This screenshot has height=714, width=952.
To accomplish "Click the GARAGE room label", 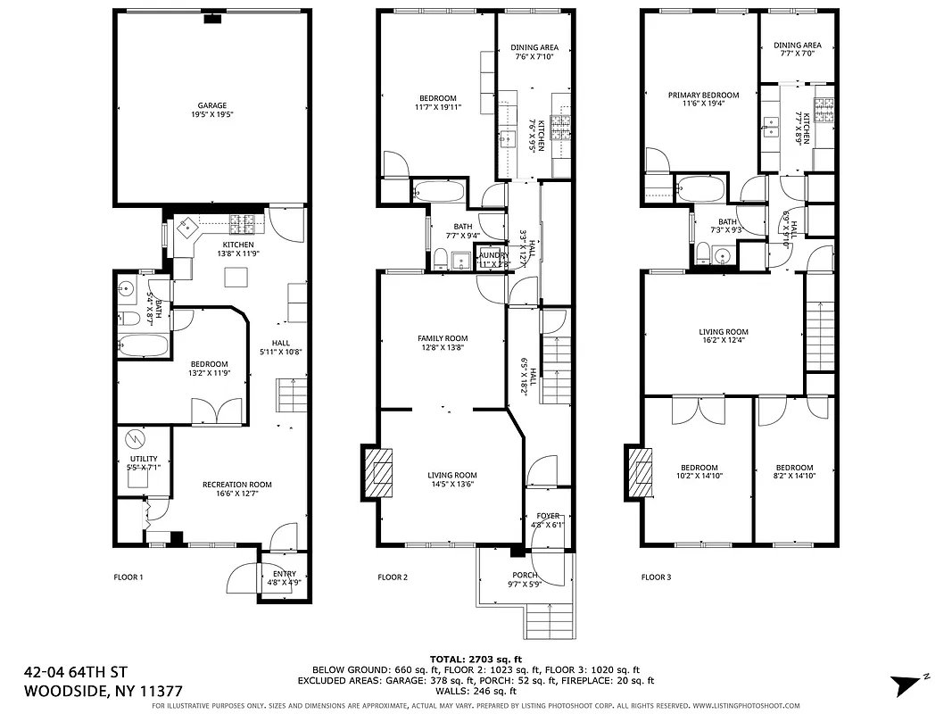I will (211, 105).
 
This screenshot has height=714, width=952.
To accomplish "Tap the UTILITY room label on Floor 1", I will (144, 459).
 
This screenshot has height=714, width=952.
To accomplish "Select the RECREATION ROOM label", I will (236, 485).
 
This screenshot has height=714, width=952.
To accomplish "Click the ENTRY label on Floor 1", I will (285, 574).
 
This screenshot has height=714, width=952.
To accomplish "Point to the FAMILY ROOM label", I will (443, 338).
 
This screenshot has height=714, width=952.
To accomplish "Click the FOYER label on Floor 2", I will (547, 516).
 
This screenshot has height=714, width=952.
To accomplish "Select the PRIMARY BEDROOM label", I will (703, 95).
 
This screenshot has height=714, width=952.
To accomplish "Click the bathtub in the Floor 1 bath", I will (143, 345).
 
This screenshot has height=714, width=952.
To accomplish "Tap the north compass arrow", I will (907, 685).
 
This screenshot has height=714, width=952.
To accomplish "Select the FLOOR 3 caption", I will (656, 577).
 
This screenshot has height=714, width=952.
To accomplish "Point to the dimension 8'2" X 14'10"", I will (794, 477).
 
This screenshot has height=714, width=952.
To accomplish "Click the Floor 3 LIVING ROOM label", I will (723, 332).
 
